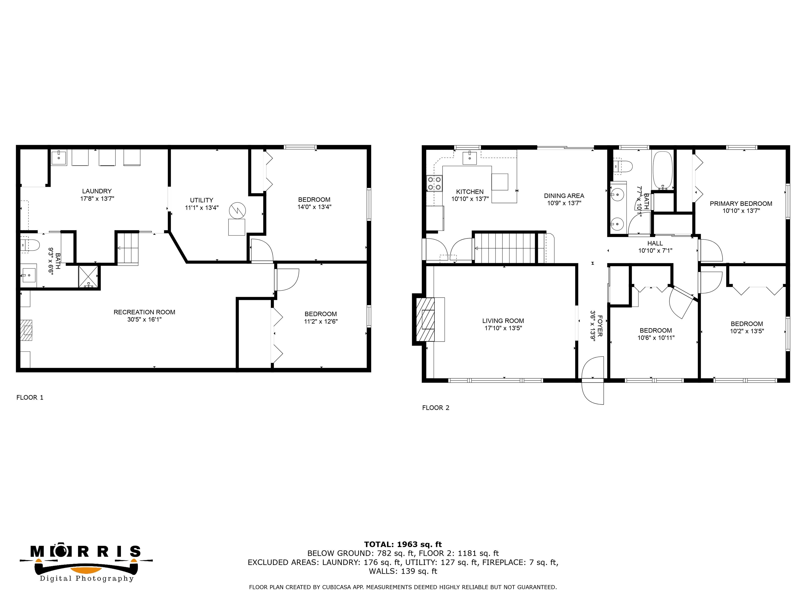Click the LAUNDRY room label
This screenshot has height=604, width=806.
click(97, 191)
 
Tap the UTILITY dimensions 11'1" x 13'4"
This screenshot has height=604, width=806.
click(201, 208)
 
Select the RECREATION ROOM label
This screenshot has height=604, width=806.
click(144, 312)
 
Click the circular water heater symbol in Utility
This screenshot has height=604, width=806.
click(237, 211)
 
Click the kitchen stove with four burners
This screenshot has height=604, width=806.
click(434, 184)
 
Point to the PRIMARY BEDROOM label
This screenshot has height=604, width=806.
click(741, 203)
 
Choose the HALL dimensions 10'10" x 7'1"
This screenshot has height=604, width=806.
click(655, 250)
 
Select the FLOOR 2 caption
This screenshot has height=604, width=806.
click(436, 408)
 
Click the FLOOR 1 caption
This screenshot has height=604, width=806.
click(30, 398)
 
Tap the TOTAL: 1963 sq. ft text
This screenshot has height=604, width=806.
click(403, 544)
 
